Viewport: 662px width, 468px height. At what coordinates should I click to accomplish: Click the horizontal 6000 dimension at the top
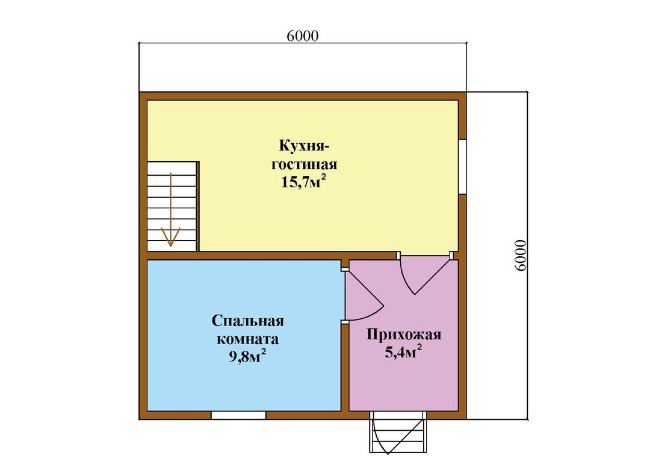coord(302,36)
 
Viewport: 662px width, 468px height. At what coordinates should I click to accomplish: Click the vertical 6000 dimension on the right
coord(521,255)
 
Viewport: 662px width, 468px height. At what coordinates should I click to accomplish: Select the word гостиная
coord(304,164)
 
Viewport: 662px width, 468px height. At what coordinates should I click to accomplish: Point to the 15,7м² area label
coord(304,182)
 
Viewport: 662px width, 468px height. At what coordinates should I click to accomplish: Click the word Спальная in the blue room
coord(247,321)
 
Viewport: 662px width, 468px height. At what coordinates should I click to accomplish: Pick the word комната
coord(247,339)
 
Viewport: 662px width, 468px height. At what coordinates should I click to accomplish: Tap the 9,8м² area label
coord(247,357)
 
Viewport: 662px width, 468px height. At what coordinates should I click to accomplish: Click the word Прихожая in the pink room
coord(404,335)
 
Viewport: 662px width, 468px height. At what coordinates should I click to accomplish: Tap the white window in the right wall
coord(462,166)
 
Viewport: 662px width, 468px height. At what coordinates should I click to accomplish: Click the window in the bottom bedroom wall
coord(238,415)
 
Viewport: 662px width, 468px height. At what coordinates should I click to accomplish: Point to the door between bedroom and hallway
coord(362,295)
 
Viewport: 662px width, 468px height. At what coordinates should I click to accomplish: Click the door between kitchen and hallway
coord(424,274)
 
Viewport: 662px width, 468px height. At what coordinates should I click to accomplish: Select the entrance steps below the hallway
coord(398,432)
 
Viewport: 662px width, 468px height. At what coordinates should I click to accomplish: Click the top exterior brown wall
coord(302,96)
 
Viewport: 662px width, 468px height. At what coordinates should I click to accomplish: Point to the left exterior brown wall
coord(143,255)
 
